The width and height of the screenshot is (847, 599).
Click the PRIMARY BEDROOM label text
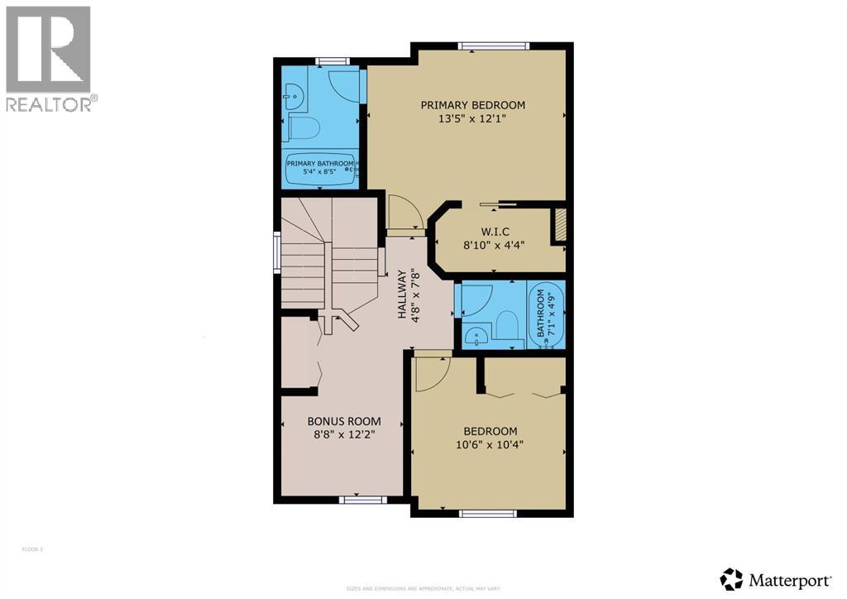click(472, 105)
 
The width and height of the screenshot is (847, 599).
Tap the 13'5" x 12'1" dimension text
click(472, 118)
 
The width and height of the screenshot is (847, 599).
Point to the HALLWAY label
click(403, 294)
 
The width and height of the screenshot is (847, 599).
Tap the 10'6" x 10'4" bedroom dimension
click(490, 444)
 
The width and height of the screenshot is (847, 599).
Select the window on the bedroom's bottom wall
click(488, 513)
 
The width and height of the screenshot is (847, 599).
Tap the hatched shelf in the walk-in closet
click(559, 226)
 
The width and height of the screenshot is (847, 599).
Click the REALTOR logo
click(49, 59)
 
